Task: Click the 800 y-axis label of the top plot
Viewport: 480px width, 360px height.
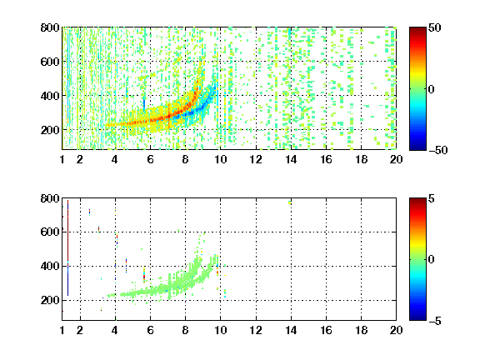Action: pyautogui.click(x=50, y=27)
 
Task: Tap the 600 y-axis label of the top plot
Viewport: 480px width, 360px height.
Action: pyautogui.click(x=50, y=62)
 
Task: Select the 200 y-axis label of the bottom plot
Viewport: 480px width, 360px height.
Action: pyautogui.click(x=50, y=300)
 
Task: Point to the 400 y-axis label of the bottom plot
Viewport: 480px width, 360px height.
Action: pyautogui.click(x=50, y=266)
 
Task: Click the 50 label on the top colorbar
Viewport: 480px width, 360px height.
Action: pyautogui.click(x=435, y=27)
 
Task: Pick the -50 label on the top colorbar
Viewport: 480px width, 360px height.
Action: pyautogui.click(x=438, y=150)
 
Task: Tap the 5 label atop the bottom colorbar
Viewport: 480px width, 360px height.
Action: pyautogui.click(x=432, y=198)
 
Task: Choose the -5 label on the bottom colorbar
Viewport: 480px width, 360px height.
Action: pyautogui.click(x=435, y=321)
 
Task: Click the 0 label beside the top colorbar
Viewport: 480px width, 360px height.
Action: pyautogui.click(x=432, y=89)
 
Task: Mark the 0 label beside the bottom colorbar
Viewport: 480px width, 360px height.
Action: pyautogui.click(x=432, y=260)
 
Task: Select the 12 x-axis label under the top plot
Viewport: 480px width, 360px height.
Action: pyautogui.click(x=256, y=159)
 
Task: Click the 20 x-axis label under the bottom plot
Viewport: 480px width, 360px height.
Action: pyautogui.click(x=396, y=330)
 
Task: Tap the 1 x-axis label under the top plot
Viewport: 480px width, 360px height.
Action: pyautogui.click(x=62, y=159)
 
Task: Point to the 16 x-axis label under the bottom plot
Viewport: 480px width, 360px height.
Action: pyautogui.click(x=326, y=330)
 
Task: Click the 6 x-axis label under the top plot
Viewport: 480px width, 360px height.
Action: pyautogui.click(x=150, y=159)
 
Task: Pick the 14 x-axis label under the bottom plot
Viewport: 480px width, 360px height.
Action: pyautogui.click(x=291, y=330)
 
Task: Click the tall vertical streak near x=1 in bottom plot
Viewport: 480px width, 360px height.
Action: pyautogui.click(x=67, y=248)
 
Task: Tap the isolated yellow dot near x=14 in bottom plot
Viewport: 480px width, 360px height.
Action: pyautogui.click(x=290, y=202)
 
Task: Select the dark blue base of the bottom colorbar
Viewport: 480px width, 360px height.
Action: pyautogui.click(x=417, y=318)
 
